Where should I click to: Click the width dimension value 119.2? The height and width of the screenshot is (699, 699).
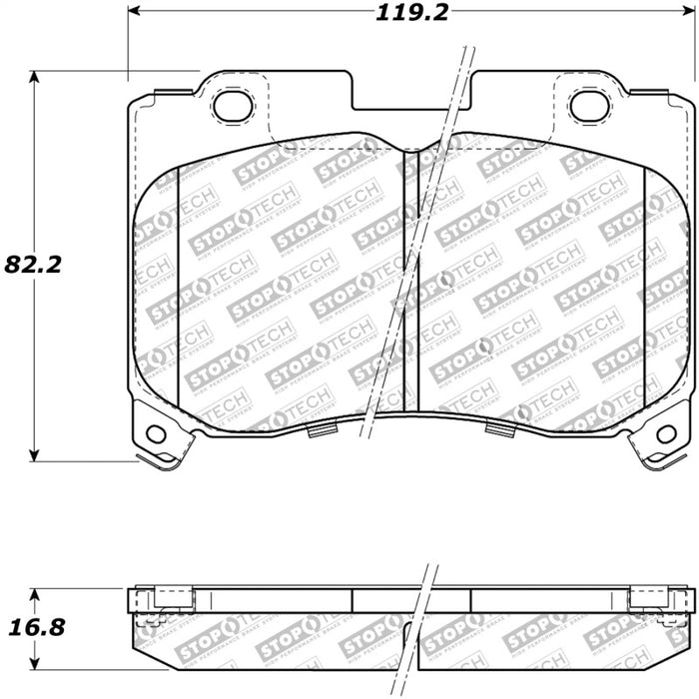tap(410, 13)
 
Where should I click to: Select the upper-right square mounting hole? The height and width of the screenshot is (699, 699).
tap(589, 105)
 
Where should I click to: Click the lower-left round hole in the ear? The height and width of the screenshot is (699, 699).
tap(155, 433)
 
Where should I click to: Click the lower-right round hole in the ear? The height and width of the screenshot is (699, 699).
tap(666, 433)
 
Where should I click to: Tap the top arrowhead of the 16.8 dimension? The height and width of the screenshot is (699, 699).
tap(36, 590)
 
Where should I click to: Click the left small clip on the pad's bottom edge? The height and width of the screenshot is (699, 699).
tap(321, 430)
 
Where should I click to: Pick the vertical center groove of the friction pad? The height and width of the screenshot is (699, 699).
tap(409, 280)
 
